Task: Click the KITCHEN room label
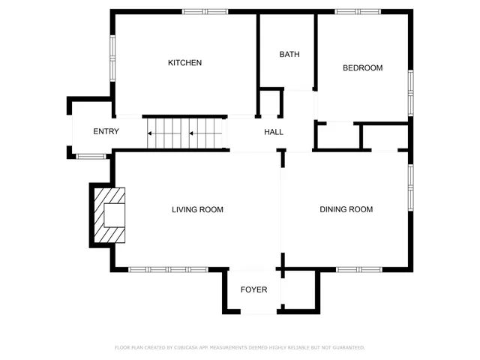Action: (x=184, y=63)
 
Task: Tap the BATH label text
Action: (x=289, y=55)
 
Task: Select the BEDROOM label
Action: (x=362, y=68)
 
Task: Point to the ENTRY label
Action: (x=106, y=132)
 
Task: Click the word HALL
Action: (x=274, y=133)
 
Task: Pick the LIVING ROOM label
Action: (x=197, y=210)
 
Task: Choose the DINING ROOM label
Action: (x=346, y=210)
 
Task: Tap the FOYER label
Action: (x=254, y=289)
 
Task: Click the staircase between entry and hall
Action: (x=186, y=133)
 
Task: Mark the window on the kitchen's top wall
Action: (x=205, y=11)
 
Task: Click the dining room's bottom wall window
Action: (x=355, y=268)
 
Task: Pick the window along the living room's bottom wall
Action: (x=168, y=268)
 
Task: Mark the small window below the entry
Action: (x=91, y=156)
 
